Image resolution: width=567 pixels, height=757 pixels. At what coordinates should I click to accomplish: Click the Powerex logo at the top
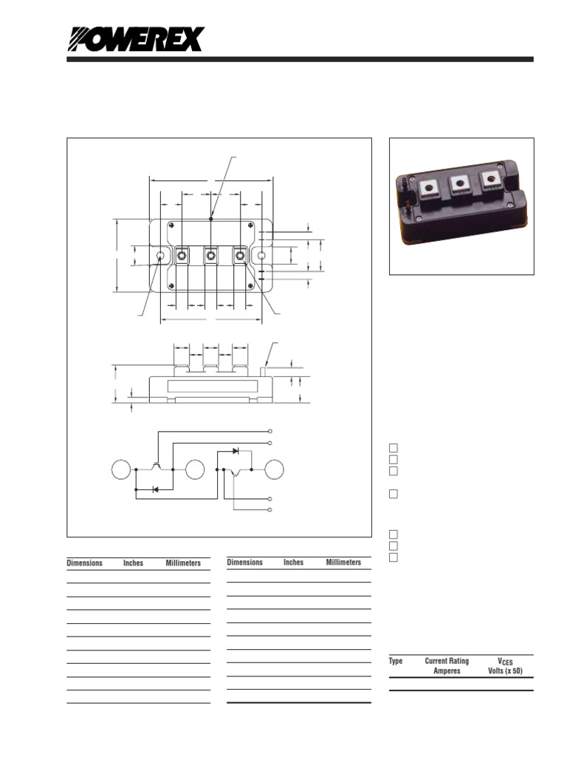click(x=135, y=39)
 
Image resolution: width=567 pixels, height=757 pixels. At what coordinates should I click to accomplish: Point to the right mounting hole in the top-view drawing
click(x=261, y=256)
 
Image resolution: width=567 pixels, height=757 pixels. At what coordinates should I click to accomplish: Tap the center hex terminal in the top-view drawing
click(x=211, y=256)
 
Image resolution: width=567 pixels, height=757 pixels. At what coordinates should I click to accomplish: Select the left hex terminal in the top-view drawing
click(x=182, y=256)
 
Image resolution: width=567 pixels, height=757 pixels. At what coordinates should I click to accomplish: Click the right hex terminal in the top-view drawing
click(x=240, y=256)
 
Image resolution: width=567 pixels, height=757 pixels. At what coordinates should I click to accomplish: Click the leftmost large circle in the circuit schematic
click(x=121, y=469)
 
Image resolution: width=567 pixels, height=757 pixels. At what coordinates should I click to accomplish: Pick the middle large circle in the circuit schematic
click(x=196, y=469)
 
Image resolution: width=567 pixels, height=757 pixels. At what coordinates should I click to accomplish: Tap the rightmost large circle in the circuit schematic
click(x=275, y=469)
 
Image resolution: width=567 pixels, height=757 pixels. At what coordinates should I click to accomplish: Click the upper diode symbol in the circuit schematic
click(x=235, y=450)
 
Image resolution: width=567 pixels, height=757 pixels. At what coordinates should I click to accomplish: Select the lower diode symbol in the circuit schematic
click(x=154, y=489)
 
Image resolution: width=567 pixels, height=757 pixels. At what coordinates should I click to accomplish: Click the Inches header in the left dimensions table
click(x=133, y=563)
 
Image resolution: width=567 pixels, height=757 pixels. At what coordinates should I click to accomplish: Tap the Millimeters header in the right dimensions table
click(x=343, y=563)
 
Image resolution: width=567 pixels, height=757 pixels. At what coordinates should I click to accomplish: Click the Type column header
click(x=396, y=661)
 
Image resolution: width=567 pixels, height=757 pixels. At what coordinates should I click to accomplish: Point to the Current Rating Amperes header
click(x=447, y=666)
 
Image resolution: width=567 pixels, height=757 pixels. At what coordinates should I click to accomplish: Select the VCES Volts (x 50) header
click(x=506, y=666)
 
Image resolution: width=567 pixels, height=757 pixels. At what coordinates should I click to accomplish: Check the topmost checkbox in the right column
click(x=394, y=448)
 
